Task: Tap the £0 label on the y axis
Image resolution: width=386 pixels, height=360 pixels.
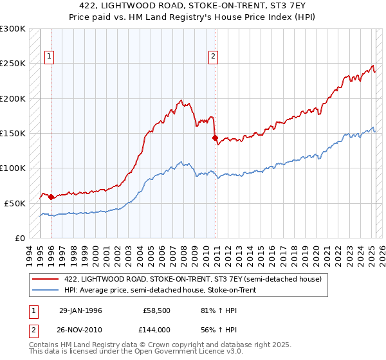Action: point(20,238)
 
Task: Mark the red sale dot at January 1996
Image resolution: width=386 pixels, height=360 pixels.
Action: point(51,197)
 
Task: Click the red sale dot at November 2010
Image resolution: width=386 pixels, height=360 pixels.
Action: point(215,137)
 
